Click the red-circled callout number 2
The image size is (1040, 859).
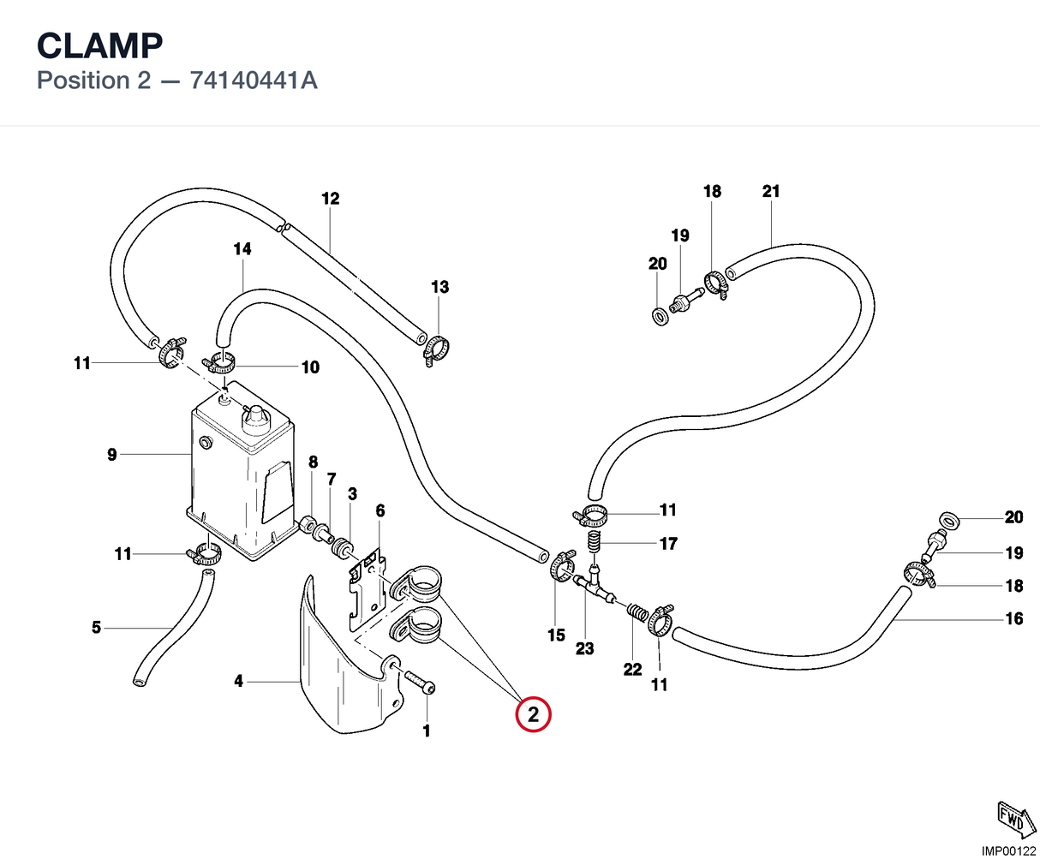tap(533, 714)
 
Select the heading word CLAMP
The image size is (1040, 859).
tap(99, 45)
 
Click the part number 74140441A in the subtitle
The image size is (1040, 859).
tap(254, 81)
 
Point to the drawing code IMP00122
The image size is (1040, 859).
tap(1008, 850)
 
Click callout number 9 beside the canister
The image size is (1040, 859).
tap(112, 454)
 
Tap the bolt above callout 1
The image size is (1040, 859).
tap(420, 682)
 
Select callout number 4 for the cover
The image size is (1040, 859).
tap(238, 681)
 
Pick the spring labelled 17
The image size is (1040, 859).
tap(594, 541)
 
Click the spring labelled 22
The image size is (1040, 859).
tap(637, 612)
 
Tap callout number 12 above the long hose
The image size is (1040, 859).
tap(330, 199)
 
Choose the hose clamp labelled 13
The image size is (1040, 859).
tap(436, 350)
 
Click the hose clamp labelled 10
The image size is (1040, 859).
tap(218, 363)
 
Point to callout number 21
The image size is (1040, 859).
tap(770, 191)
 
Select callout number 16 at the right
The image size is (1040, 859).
tap(1014, 618)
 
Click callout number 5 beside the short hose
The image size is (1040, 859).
tap(96, 627)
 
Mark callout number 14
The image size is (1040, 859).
tap(242, 248)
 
